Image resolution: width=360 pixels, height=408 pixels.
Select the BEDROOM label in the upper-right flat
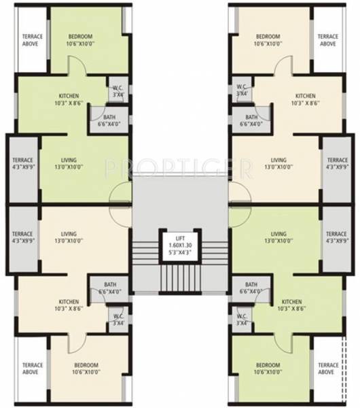click(268, 36)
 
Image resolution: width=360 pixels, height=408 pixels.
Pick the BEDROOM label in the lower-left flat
click(87, 364)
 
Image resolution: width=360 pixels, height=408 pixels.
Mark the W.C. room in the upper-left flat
click(118, 91)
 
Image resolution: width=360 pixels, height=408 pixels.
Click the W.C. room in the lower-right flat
click(241, 320)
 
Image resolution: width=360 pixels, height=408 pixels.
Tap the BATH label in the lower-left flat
click(109, 285)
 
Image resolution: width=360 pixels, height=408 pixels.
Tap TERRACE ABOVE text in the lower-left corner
click(33, 369)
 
